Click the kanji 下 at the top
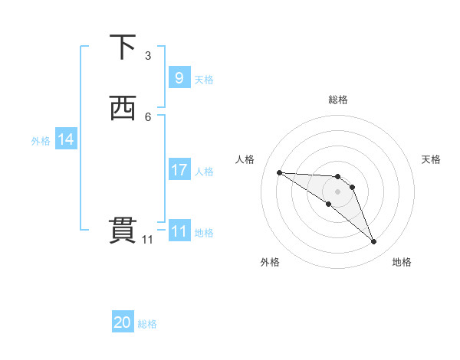123,47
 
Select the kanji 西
123,108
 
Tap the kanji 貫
123,231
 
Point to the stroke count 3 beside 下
148,56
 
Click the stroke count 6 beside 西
148,116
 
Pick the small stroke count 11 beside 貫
148,240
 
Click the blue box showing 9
179,78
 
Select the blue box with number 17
179,170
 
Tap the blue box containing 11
179,231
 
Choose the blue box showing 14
66,139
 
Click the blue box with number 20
122,323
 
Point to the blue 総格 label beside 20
147,324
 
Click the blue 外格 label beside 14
41,140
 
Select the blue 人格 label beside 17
205,171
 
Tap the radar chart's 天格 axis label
431,159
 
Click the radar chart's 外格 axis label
270,262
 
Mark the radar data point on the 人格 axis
279,172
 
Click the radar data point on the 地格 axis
373,242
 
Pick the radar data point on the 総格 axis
337,174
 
